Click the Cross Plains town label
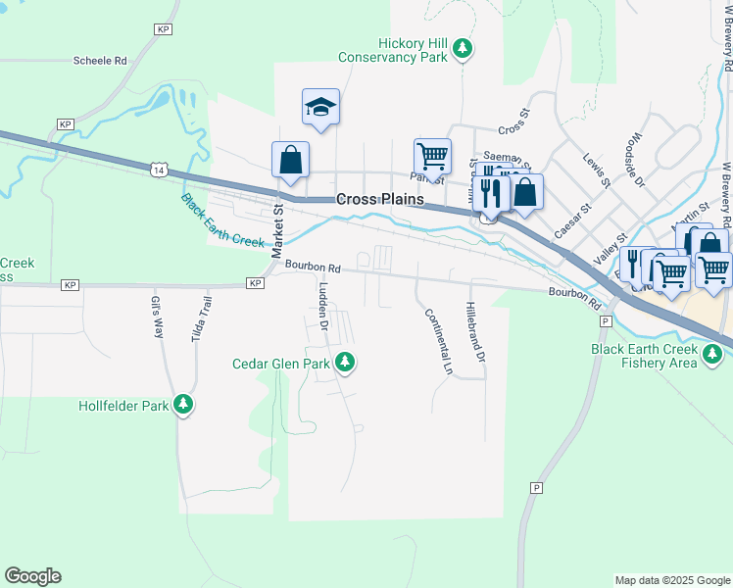pos(380,199)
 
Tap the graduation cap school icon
pos(320,107)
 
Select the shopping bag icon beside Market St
pos(290,160)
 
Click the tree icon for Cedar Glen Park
pos(344,364)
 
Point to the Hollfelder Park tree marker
pos(183,404)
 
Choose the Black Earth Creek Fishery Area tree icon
pos(712,356)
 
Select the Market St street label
pos(278,224)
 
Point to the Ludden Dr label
pos(320,306)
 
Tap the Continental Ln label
pos(437,342)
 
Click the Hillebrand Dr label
pos(476,333)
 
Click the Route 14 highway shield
pos(159,171)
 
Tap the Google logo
pos(32,576)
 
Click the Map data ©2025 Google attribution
pos(671,580)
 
